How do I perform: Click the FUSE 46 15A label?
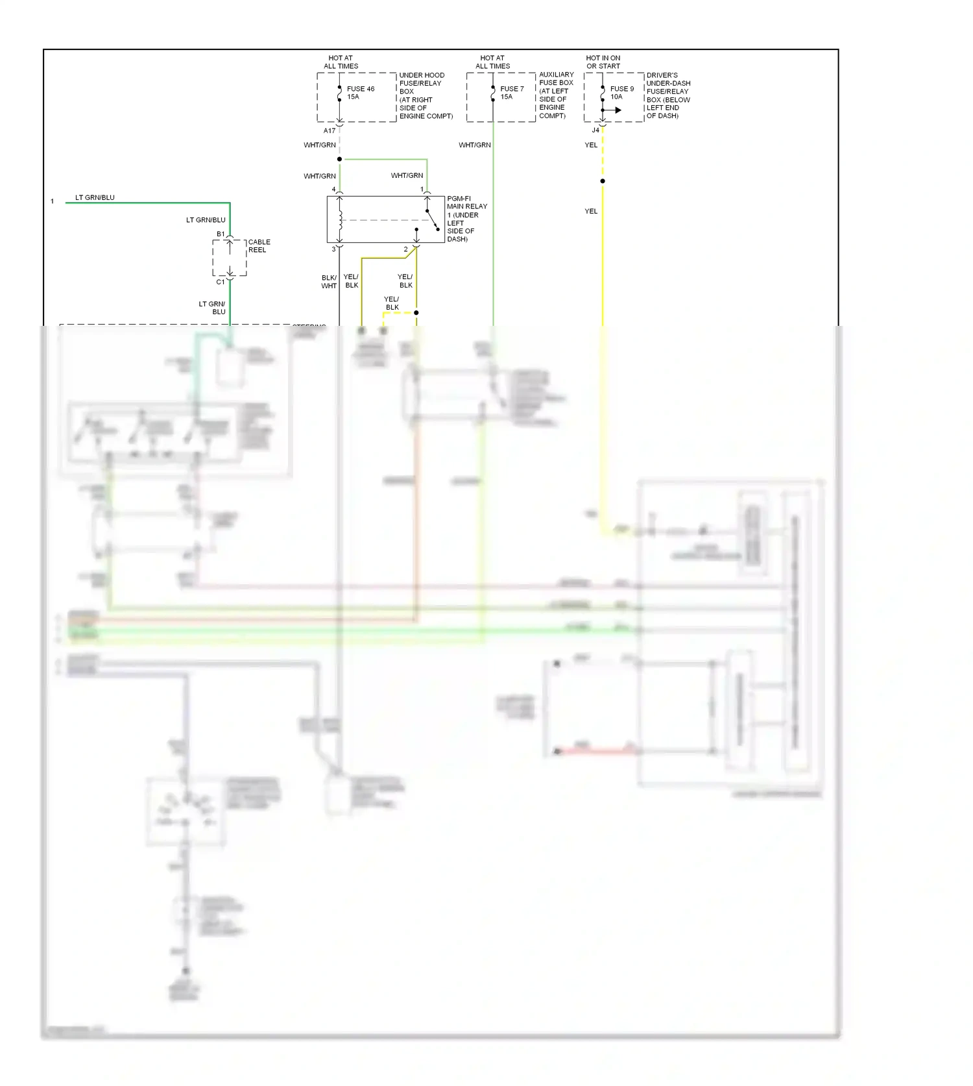pyautogui.click(x=360, y=93)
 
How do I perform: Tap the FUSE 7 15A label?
pyautogui.click(x=512, y=93)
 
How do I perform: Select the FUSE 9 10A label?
pyautogui.click(x=621, y=93)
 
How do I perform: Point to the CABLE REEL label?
pyautogui.click(x=259, y=246)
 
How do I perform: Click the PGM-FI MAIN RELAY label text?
pyautogui.click(x=466, y=219)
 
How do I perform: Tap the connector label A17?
pyautogui.click(x=330, y=131)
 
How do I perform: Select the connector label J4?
pyautogui.click(x=595, y=130)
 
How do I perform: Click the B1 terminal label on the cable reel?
pyautogui.click(x=221, y=234)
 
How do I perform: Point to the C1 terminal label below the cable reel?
pyautogui.click(x=221, y=282)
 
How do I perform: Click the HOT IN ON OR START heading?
pyautogui.click(x=603, y=62)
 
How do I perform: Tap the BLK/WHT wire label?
pyautogui.click(x=329, y=282)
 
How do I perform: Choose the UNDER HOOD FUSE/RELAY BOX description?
pyautogui.click(x=426, y=95)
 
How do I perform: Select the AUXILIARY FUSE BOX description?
pyautogui.click(x=556, y=95)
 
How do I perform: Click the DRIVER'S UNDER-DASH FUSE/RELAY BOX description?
pyautogui.click(x=668, y=95)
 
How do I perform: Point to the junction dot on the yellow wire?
pyautogui.click(x=603, y=181)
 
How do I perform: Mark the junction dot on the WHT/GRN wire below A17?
pyautogui.click(x=339, y=159)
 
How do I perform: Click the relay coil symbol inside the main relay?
pyautogui.click(x=340, y=219)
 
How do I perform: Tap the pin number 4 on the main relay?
pyautogui.click(x=334, y=190)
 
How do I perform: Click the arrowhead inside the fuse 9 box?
pyautogui.click(x=618, y=110)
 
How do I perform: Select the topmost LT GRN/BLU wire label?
pyautogui.click(x=95, y=197)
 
